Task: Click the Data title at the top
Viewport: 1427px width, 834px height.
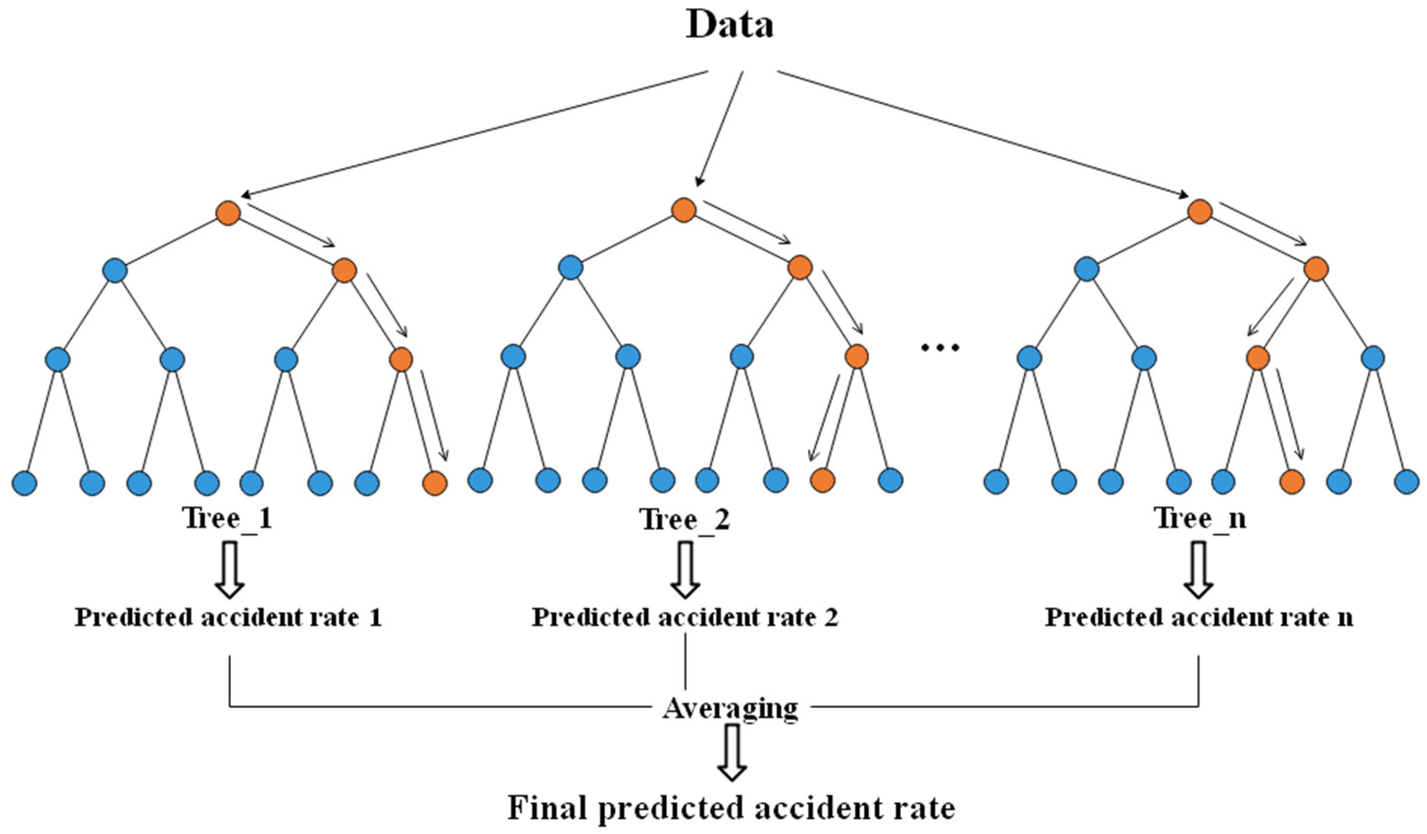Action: (x=729, y=25)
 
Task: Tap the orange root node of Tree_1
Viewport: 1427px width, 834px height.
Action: (x=228, y=213)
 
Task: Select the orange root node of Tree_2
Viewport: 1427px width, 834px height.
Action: (x=683, y=210)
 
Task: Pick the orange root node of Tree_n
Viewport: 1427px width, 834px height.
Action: (x=1199, y=211)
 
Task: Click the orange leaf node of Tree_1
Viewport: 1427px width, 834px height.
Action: (x=435, y=483)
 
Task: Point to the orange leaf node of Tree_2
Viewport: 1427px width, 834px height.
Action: (x=822, y=480)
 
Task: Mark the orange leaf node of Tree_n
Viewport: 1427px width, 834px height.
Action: (x=1292, y=482)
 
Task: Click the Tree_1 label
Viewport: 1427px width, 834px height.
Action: (x=227, y=518)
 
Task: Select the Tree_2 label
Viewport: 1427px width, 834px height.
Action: (x=685, y=519)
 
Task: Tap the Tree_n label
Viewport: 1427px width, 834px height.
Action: (x=1200, y=518)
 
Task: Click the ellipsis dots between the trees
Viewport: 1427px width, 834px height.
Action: (x=940, y=347)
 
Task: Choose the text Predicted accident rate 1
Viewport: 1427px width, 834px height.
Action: (x=228, y=617)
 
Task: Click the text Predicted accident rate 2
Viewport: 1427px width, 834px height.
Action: (x=685, y=617)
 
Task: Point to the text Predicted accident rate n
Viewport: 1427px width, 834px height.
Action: (x=1199, y=617)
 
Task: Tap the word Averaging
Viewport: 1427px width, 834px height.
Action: (x=730, y=708)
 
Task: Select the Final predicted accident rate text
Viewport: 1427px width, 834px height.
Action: (x=731, y=808)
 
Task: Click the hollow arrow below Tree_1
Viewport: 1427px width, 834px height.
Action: (x=229, y=569)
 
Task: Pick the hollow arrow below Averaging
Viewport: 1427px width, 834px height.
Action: (x=731, y=754)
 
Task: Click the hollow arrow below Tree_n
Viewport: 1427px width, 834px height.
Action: (x=1198, y=569)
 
